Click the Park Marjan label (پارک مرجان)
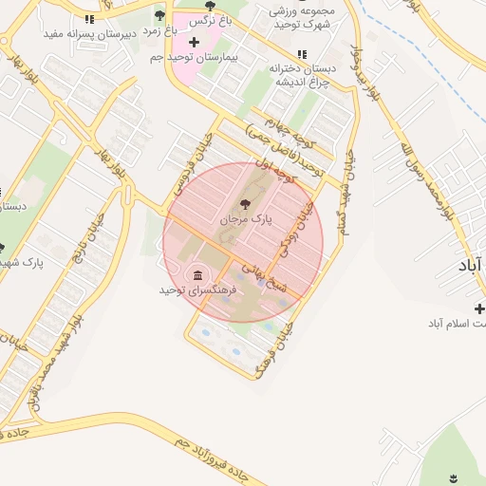click(246, 219)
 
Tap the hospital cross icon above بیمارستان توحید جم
click(195, 42)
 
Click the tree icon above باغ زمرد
click(159, 15)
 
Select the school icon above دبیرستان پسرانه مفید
click(89, 19)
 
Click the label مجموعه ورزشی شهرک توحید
click(303, 18)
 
